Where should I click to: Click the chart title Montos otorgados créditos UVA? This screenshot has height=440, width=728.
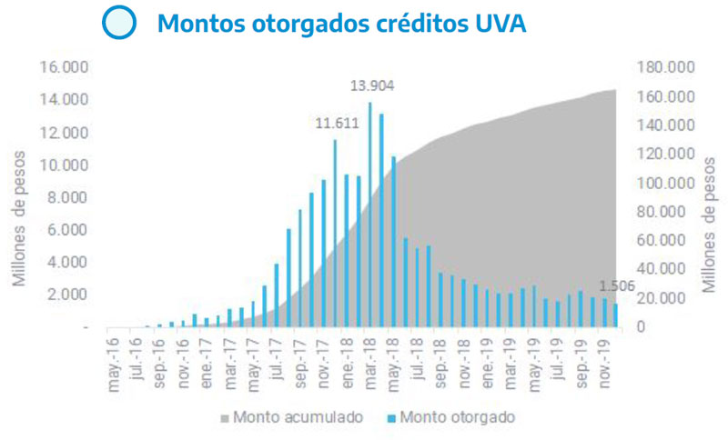click(341, 24)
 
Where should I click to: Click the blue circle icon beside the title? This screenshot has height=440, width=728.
click(119, 23)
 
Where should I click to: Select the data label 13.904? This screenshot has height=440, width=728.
click(372, 87)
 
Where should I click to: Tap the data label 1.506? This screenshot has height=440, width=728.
click(619, 288)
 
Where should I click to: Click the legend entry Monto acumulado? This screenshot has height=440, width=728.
click(291, 417)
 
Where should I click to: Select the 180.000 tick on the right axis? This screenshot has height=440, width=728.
click(668, 67)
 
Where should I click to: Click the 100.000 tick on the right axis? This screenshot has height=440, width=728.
click(668, 183)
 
